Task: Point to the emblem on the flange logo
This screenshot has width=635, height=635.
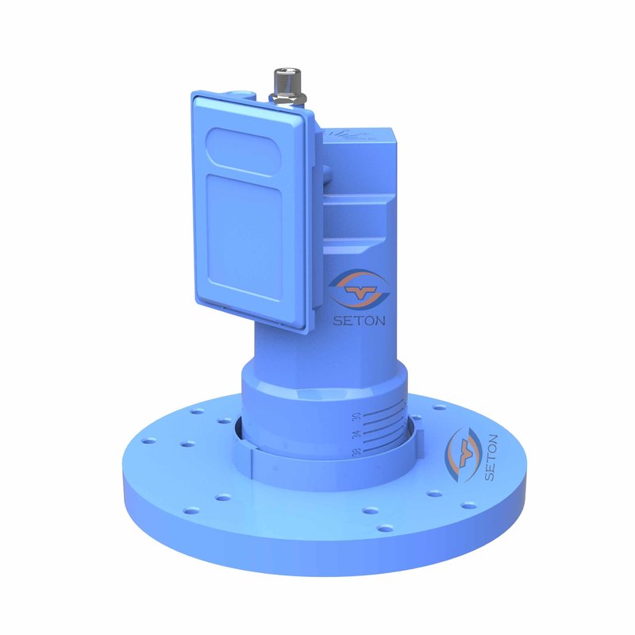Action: tap(461, 452)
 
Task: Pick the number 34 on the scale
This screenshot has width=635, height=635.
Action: tap(356, 433)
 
